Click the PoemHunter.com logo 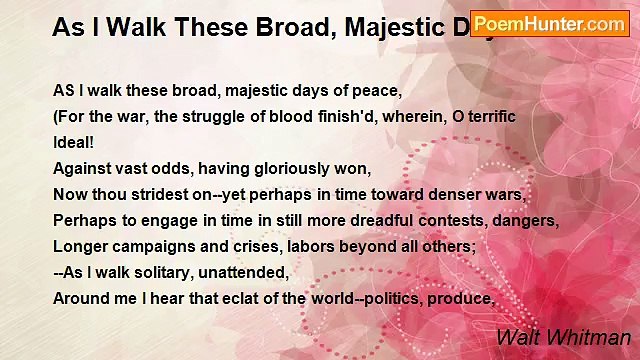coord(550,23)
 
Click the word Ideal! coord(73,142)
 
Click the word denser coord(440,194)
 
